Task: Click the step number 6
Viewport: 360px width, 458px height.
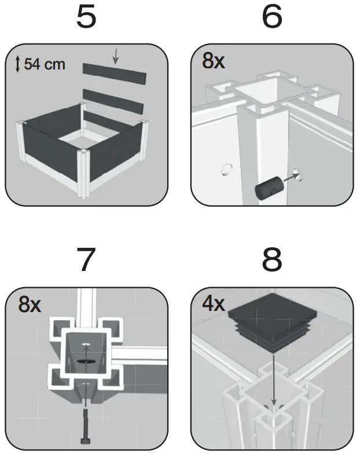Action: click(272, 18)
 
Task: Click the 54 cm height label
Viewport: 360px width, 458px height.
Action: click(44, 65)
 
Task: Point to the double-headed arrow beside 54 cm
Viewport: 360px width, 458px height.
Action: click(18, 64)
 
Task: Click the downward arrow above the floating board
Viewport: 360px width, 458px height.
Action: click(115, 56)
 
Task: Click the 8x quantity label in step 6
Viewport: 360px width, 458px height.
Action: click(213, 62)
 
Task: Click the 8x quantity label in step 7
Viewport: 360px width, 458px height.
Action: click(30, 305)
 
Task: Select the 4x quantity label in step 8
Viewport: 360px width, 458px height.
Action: click(213, 305)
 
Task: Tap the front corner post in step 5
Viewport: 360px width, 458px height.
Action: click(83, 174)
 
